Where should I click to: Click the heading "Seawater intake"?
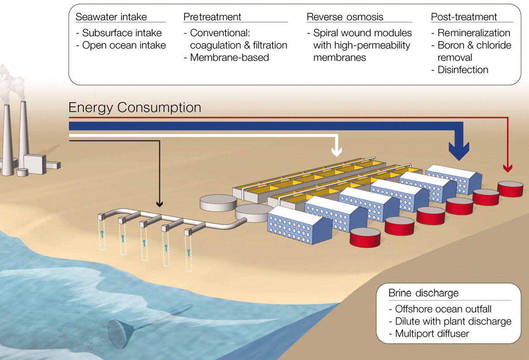[111, 17]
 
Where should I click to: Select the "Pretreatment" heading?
[212, 17]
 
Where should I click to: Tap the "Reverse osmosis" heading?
[345, 17]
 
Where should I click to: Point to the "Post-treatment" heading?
[464, 17]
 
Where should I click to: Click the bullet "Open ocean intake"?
[124, 45]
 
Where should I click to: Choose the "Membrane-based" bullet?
[229, 58]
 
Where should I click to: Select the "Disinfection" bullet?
[462, 70]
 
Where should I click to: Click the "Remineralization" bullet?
[473, 33]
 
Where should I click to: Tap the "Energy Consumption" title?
[135, 108]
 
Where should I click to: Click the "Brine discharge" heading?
[423, 293]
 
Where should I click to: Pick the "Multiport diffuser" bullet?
[432, 334]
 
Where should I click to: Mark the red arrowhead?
[508, 168]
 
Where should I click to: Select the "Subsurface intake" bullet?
[122, 33]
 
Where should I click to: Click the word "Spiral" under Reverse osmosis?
[326, 33]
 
